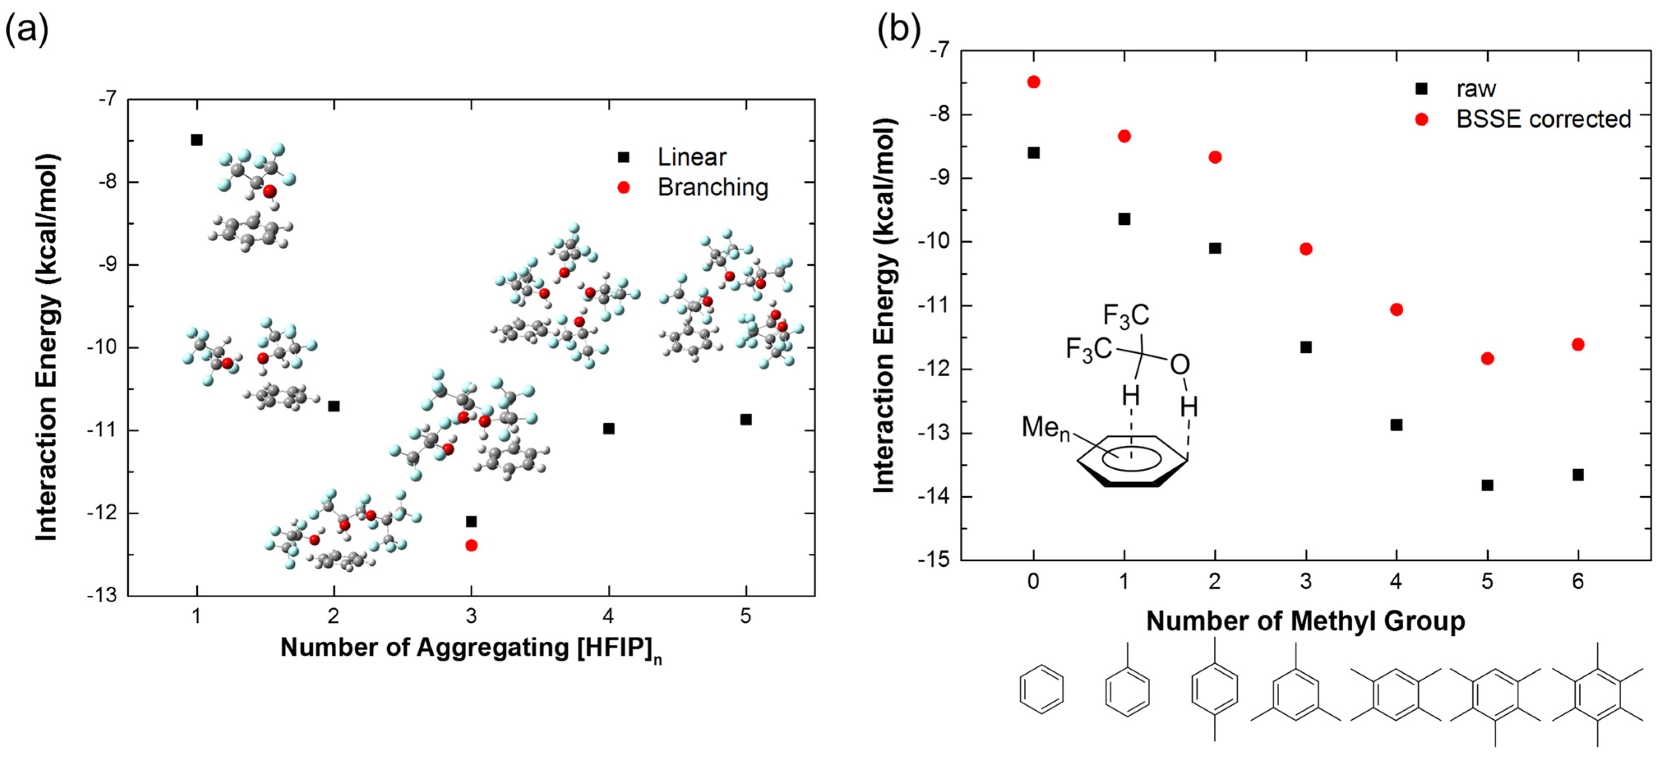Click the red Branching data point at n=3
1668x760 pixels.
click(x=471, y=545)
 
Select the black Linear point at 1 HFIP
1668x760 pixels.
click(x=197, y=140)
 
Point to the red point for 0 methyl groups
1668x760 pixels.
click(x=1033, y=82)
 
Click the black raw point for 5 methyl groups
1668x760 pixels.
click(x=1487, y=485)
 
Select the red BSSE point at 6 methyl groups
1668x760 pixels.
click(x=1578, y=344)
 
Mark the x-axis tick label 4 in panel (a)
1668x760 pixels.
click(x=608, y=616)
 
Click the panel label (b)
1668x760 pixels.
click(x=899, y=29)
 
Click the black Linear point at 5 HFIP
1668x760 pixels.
click(x=746, y=419)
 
